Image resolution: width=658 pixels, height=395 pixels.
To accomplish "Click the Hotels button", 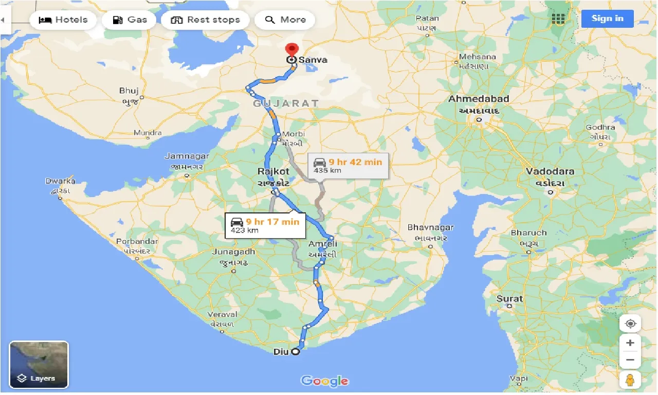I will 63,20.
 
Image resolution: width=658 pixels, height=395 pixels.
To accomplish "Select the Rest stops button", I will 205,20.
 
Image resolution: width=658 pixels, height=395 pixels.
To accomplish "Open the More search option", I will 285,20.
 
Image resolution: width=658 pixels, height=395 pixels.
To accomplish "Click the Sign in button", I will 607,19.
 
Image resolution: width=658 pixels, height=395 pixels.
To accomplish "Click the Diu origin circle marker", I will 295,352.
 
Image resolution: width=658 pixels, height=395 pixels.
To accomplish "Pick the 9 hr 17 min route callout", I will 265,225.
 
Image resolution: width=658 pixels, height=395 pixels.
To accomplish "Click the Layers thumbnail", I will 39,365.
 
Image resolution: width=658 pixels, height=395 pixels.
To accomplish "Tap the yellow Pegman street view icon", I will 630,380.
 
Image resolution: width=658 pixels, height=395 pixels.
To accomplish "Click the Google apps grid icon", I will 558,19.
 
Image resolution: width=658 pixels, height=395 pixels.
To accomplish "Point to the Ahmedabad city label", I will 479,99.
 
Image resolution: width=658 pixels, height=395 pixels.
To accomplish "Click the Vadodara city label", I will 550,171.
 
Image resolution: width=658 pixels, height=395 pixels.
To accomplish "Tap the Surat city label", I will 509,298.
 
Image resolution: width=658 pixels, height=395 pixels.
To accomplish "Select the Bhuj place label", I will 129,91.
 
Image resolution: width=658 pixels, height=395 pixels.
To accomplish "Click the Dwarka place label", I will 60,181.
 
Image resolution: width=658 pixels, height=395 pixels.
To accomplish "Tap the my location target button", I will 630,324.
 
